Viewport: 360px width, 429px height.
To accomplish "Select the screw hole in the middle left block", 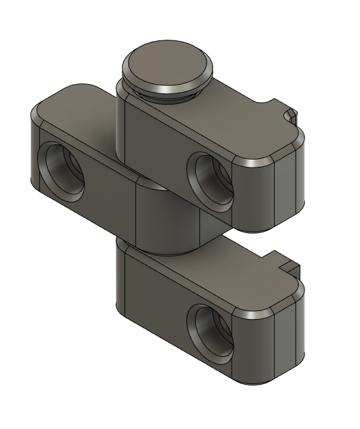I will pyautogui.click(x=62, y=168).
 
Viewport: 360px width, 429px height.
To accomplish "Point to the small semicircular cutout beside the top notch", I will pyautogui.click(x=289, y=117).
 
